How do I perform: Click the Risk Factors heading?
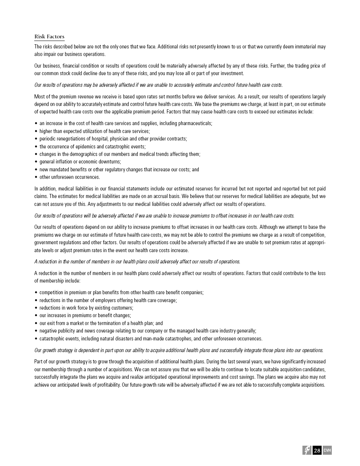(x=49, y=37)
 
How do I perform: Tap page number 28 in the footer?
(x=317, y=451)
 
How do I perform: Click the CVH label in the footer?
(x=327, y=450)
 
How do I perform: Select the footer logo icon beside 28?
(x=307, y=450)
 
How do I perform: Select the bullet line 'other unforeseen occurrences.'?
(x=70, y=177)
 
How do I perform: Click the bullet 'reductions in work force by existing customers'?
(x=86, y=308)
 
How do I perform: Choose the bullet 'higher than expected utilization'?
(x=94, y=131)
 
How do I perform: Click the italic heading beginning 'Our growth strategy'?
(x=179, y=350)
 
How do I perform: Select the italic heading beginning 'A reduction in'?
(x=137, y=262)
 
